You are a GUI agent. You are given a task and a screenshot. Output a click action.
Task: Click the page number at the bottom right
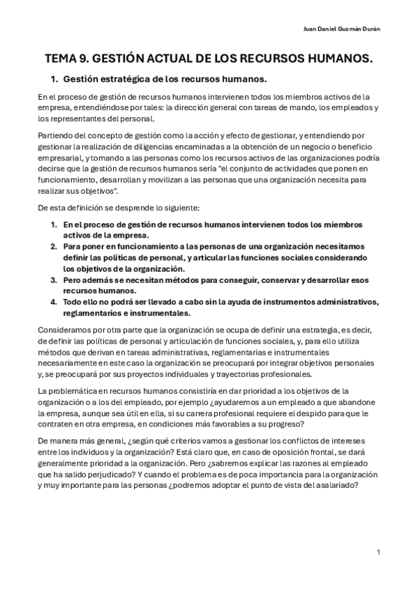378,552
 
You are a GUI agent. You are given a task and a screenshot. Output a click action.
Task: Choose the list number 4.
54,302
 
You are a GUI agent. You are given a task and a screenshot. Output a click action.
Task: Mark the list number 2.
54,247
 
